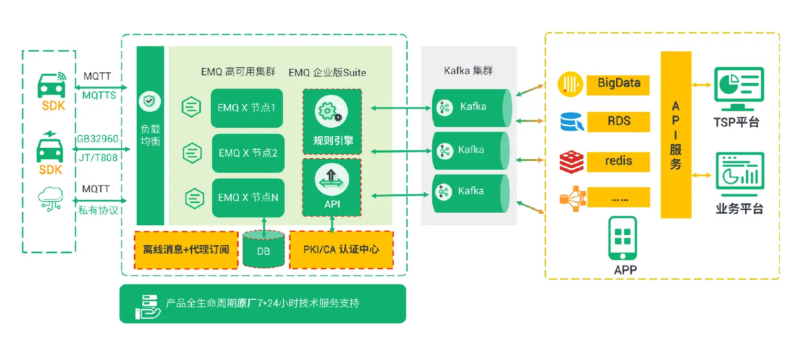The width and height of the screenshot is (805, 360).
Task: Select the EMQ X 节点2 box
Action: click(x=248, y=153)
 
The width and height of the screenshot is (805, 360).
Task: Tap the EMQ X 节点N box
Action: click(x=248, y=198)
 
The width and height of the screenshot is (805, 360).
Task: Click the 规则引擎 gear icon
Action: click(x=329, y=112)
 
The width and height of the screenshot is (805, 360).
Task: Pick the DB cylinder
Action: click(x=264, y=250)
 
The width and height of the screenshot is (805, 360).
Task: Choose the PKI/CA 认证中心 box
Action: click(x=341, y=249)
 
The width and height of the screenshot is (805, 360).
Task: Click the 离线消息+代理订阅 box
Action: click(x=186, y=249)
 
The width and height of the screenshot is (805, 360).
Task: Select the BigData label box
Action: click(x=618, y=83)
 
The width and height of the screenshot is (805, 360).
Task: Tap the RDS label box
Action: click(x=618, y=121)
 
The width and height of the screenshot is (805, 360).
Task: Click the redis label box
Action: click(x=618, y=161)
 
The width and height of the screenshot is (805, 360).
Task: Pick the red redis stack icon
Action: click(x=571, y=162)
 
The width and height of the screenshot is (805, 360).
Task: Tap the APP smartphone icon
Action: click(x=623, y=238)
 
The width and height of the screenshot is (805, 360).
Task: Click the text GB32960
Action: click(x=97, y=139)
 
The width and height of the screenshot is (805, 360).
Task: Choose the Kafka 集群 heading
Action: click(x=468, y=70)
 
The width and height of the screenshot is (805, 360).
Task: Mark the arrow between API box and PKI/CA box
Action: click(x=332, y=224)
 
